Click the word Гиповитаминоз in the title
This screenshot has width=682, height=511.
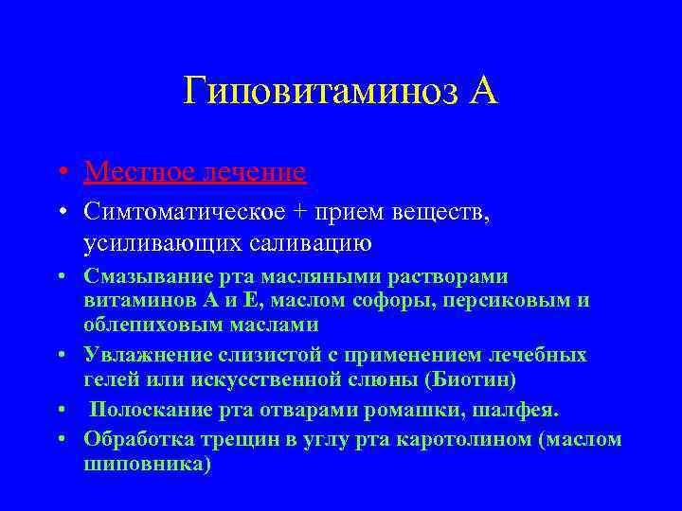tap(318, 93)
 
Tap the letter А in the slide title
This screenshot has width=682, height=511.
tap(481, 93)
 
